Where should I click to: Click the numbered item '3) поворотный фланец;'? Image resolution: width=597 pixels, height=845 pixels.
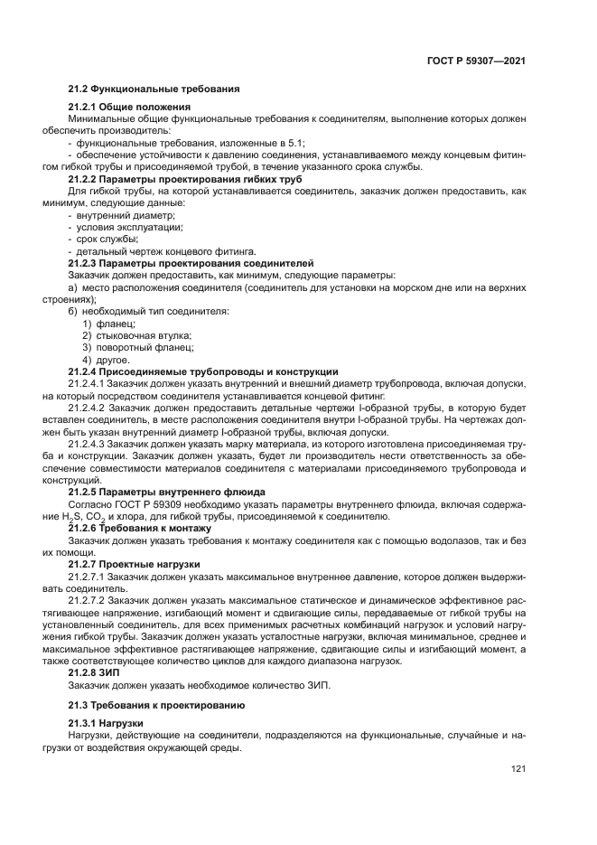point(132,347)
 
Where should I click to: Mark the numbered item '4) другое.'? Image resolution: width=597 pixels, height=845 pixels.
point(107,360)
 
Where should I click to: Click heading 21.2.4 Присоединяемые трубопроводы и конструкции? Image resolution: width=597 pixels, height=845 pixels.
point(203,371)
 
